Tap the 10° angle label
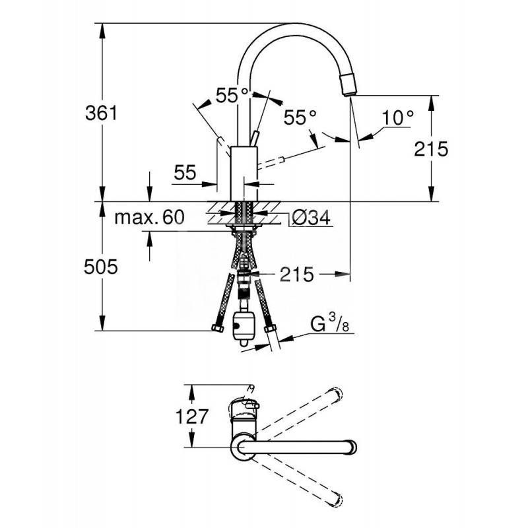[x=397, y=117]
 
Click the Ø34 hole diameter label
[x=310, y=218]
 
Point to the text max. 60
[x=148, y=217]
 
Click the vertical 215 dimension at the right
[x=432, y=148]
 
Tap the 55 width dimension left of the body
[x=185, y=173]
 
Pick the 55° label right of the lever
[x=300, y=117]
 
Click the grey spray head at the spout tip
[x=347, y=84]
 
